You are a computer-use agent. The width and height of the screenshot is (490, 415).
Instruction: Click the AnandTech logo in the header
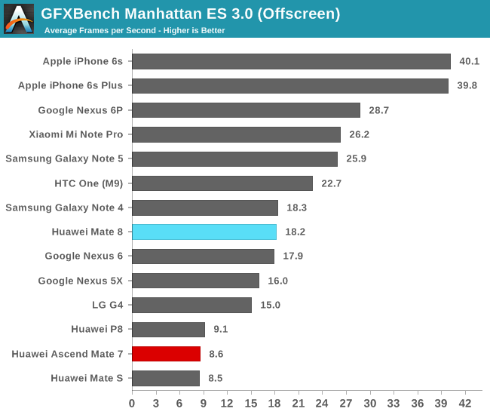pos(19,19)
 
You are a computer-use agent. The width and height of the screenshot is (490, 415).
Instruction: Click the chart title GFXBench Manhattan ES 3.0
pos(190,14)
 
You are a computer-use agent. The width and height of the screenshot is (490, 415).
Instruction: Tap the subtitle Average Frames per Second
pos(134,31)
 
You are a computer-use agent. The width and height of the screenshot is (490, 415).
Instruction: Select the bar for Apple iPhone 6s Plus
pos(290,86)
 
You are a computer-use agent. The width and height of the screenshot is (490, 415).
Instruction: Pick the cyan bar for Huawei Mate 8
pos(204,232)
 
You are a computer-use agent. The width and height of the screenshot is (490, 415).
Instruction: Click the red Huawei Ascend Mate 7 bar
pos(167,353)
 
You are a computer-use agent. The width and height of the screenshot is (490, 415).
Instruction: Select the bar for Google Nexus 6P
pos(247,110)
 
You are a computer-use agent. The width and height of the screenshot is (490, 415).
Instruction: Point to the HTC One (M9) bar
pos(222,183)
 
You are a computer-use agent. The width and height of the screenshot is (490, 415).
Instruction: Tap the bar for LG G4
pos(192,305)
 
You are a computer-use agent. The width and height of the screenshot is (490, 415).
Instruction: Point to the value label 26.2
pos(358,134)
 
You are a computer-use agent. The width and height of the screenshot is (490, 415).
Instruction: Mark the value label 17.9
pos(292,256)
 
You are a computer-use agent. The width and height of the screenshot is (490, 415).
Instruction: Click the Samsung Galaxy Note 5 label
pos(64,158)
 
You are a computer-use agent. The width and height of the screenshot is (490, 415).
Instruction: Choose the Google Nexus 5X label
pos(81,280)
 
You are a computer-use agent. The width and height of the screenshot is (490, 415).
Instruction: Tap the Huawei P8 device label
pos(96,329)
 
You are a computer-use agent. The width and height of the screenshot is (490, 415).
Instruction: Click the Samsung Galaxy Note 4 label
pos(64,207)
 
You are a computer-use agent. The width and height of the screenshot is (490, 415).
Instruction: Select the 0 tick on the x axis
pos(133,403)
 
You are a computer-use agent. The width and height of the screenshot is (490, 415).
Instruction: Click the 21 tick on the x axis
pos(299,403)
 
